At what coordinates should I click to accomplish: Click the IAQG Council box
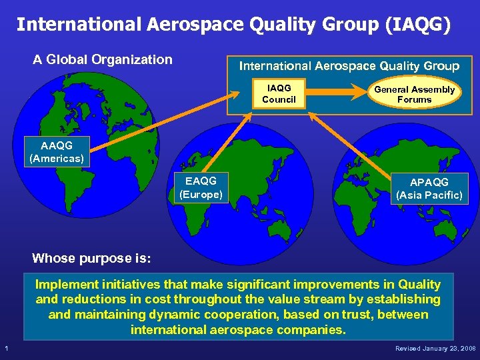[279, 94]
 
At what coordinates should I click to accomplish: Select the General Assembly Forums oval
[414, 95]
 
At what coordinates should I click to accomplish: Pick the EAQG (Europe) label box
[201, 187]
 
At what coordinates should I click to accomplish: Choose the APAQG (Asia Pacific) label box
[429, 189]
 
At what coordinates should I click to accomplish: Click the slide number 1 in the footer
[6, 349]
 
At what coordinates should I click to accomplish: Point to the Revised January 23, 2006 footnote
[435, 349]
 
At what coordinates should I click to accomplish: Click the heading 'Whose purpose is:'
[92, 258]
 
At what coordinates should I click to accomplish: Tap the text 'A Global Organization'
[103, 59]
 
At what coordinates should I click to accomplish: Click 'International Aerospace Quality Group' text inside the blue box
[349, 66]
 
